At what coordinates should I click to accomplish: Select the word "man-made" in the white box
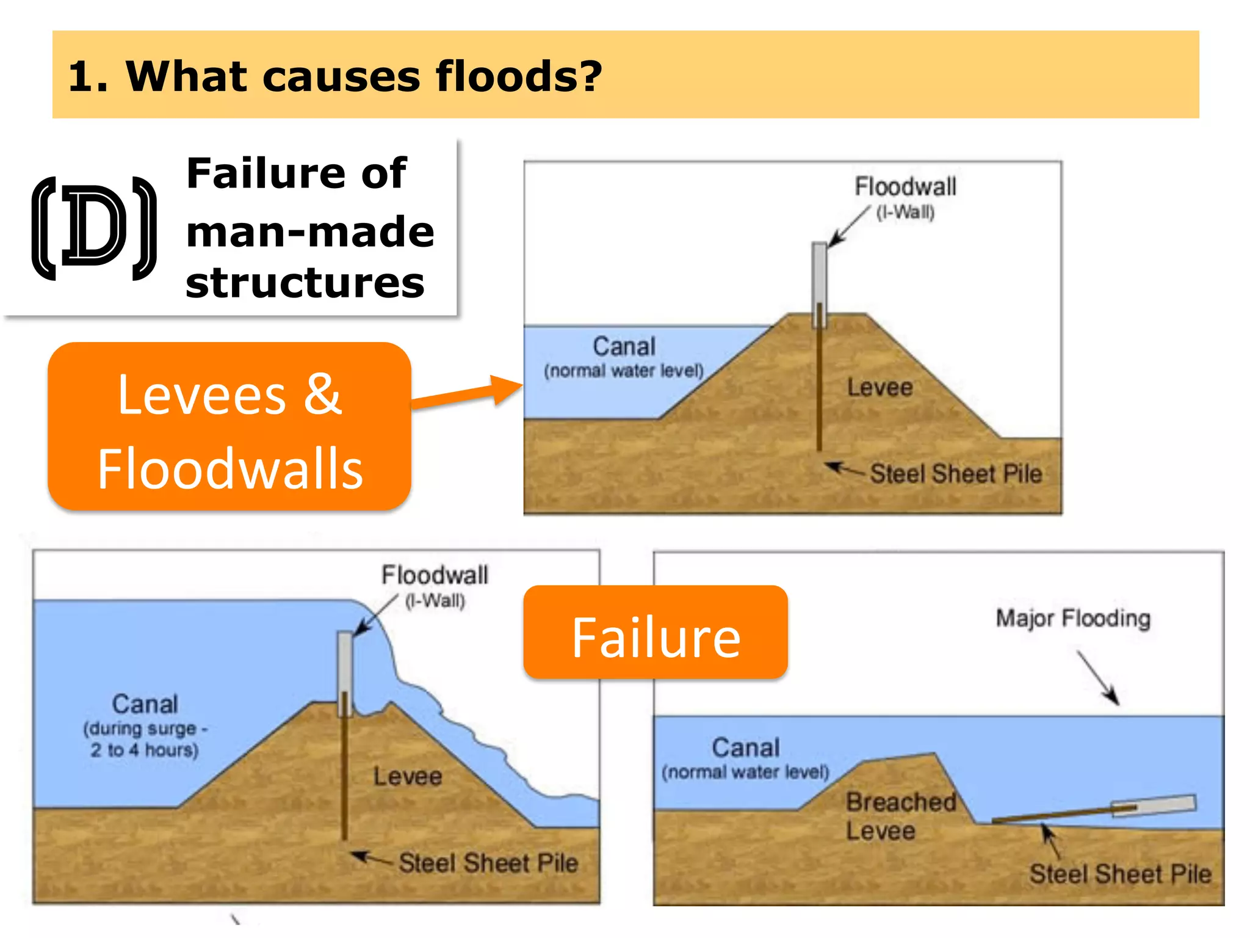pos(310,232)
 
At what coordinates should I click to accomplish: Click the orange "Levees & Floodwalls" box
pos(229,427)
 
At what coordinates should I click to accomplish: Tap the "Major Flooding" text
pos(1073,618)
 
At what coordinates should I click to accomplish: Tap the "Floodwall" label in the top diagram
pos(905,187)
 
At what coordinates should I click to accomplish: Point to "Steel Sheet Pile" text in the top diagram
pos(956,474)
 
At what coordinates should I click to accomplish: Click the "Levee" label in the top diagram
pos(880,387)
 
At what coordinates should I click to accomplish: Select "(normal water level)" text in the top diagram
pos(624,371)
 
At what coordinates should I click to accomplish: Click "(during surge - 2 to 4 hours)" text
pos(145,739)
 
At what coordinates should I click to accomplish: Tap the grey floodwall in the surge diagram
pos(345,672)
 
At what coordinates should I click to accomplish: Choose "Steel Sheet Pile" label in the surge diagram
pos(488,863)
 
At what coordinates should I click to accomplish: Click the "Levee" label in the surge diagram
pos(408,776)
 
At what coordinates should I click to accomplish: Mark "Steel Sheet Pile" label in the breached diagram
pos(1120,874)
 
